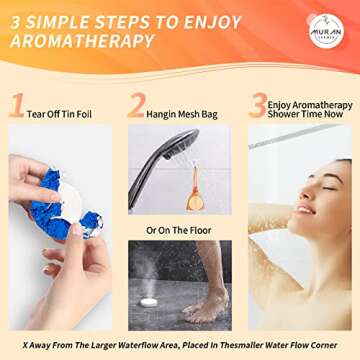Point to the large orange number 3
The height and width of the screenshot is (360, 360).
[x=258, y=106]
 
